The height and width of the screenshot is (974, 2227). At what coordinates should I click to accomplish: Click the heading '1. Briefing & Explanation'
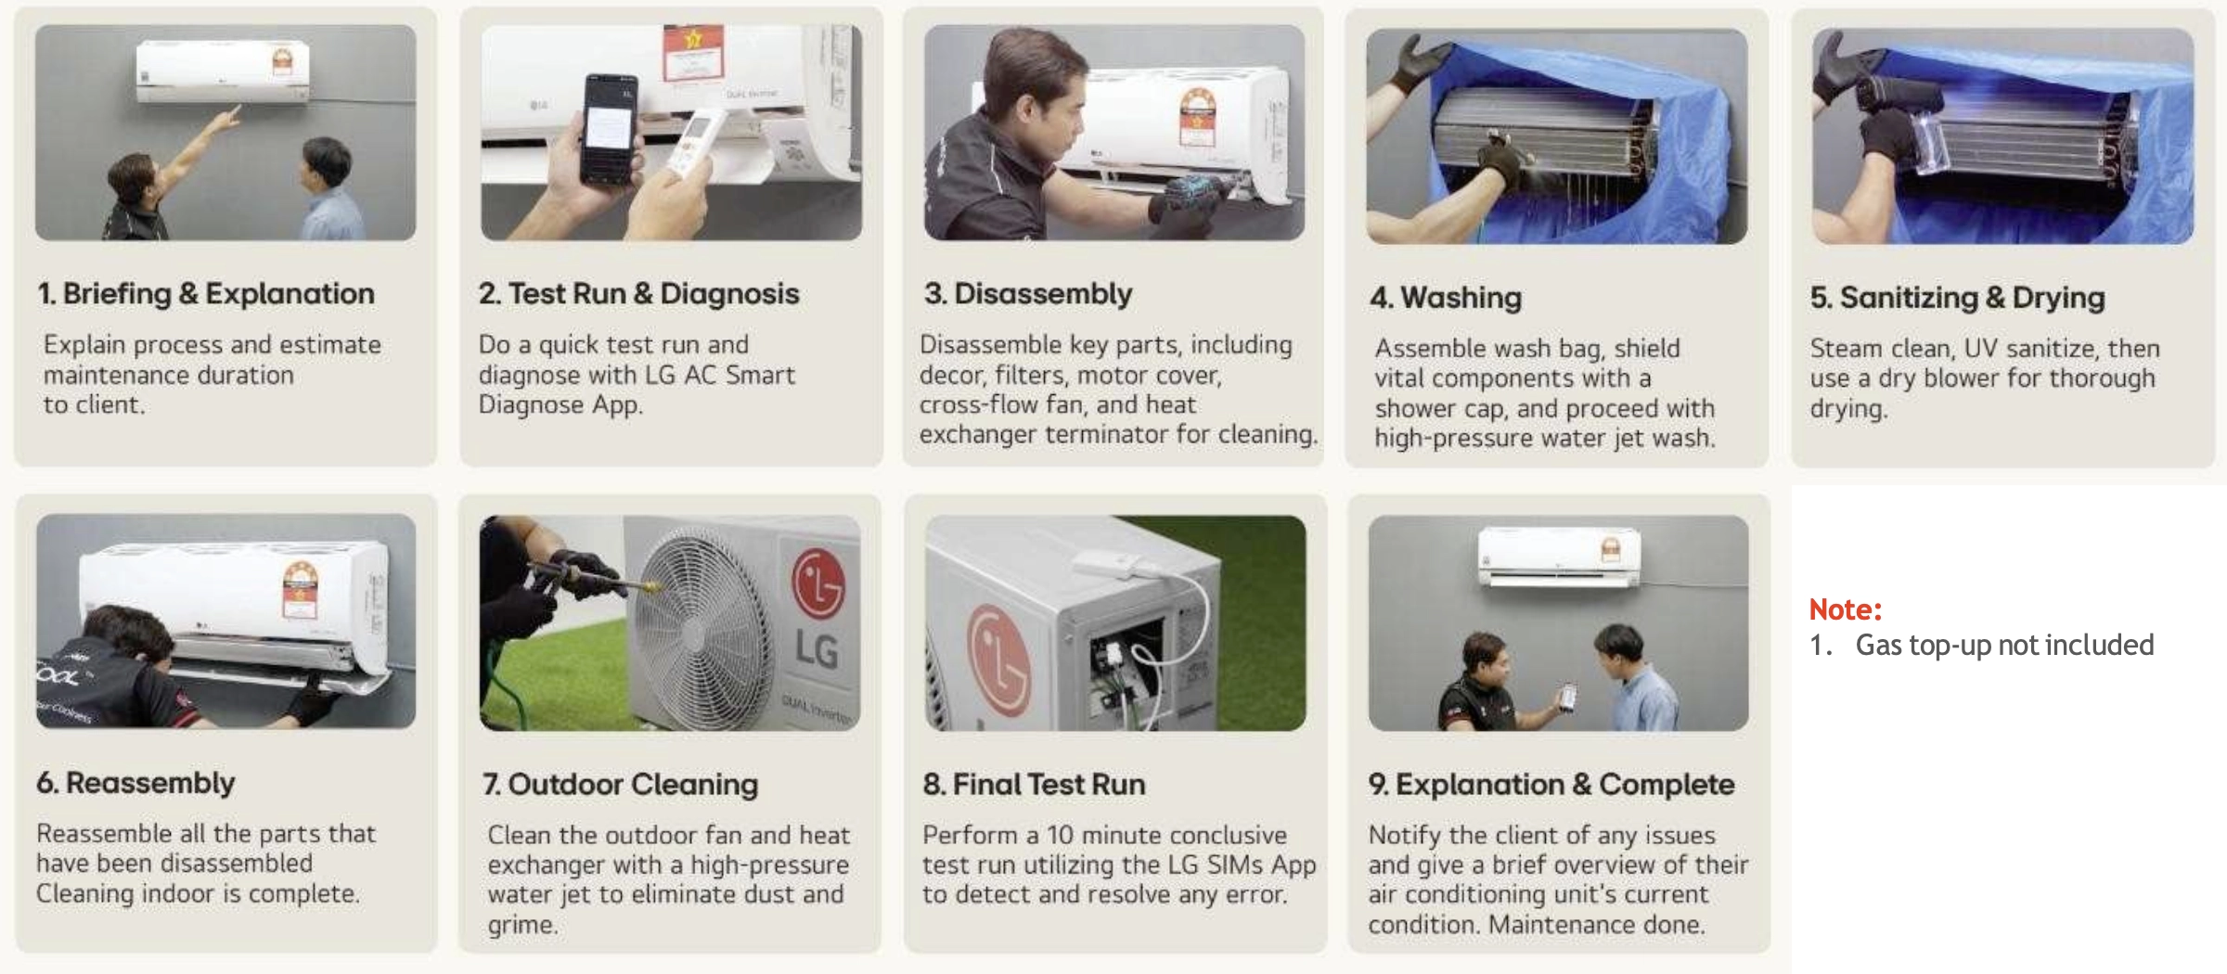(206, 294)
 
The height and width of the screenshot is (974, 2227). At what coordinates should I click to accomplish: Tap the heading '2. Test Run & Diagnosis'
(638, 294)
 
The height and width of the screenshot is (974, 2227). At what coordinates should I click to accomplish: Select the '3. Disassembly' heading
(1028, 294)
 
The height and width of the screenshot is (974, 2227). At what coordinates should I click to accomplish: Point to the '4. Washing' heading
(1446, 298)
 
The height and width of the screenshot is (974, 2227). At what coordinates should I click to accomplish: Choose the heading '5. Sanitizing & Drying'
(1957, 298)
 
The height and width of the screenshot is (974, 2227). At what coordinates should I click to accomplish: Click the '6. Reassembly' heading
(135, 783)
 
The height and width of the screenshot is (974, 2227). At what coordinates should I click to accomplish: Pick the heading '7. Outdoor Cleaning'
(620, 785)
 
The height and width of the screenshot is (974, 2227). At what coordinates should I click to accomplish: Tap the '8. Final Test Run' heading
(1034, 785)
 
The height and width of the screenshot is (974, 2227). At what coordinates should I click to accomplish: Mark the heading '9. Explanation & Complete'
(1551, 785)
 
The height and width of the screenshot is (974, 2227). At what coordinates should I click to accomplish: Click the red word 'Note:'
(1845, 609)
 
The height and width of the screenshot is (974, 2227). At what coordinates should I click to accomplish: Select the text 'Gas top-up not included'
(2004, 645)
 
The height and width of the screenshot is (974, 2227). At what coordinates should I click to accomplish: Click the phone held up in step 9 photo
(1567, 696)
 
